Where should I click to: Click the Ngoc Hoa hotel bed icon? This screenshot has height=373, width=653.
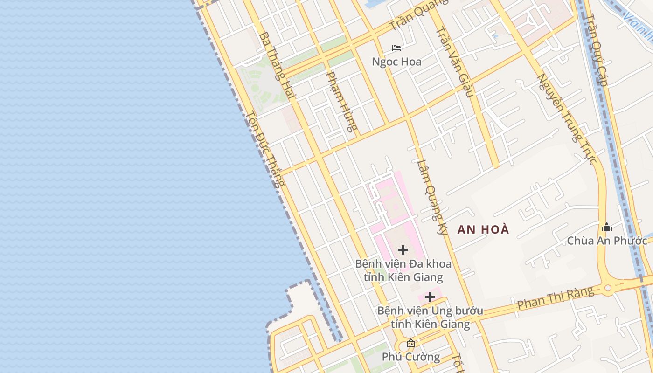tap(396, 48)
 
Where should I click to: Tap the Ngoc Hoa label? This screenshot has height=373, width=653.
tap(396, 62)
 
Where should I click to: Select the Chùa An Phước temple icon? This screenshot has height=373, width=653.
tap(607, 227)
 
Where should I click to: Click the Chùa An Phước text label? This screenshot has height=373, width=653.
tap(607, 241)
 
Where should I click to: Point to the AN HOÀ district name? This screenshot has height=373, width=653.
tap(483, 229)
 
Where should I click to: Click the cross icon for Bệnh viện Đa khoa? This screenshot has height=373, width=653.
tap(403, 250)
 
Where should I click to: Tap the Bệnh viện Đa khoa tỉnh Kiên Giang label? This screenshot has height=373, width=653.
tap(403, 270)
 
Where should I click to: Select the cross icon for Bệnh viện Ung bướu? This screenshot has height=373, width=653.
tap(430, 297)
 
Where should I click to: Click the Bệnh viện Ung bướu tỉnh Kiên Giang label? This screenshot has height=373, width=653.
tap(430, 317)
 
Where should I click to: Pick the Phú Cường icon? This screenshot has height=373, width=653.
tap(410, 344)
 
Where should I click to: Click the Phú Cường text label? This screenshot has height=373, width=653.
tap(410, 357)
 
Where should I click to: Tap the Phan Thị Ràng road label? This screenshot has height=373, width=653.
tap(556, 298)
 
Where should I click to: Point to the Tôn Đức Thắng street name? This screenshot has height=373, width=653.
tap(264, 149)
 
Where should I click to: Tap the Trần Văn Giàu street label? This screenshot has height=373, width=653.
tap(455, 62)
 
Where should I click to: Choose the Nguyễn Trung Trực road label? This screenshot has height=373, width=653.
tap(567, 119)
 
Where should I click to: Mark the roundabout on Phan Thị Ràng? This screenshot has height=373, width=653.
tap(607, 288)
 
